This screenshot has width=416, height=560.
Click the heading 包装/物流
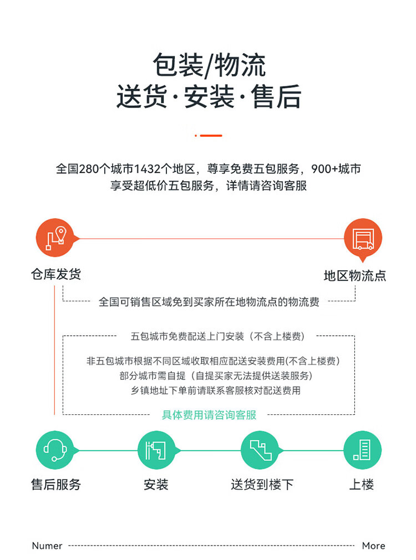coord(209,65)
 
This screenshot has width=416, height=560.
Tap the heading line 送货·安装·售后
coord(209,97)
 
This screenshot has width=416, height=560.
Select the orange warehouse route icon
coord(55,238)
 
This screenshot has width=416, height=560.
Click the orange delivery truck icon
coord(363,238)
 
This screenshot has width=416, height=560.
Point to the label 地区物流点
coord(355,275)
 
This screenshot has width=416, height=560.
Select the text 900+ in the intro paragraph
coord(324,169)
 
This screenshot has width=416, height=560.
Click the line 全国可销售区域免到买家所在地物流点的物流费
coord(209,302)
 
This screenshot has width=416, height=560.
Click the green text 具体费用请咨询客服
coord(209,415)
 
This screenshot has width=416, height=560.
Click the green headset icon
coord(55,450)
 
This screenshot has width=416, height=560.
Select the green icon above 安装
coord(156,450)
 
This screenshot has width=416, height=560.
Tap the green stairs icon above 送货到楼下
coord(260,450)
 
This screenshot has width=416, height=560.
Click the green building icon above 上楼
coord(362,450)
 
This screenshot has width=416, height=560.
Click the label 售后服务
coord(55,485)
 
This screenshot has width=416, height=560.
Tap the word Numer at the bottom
coord(47,546)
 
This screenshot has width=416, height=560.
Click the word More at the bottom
coord(373,546)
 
